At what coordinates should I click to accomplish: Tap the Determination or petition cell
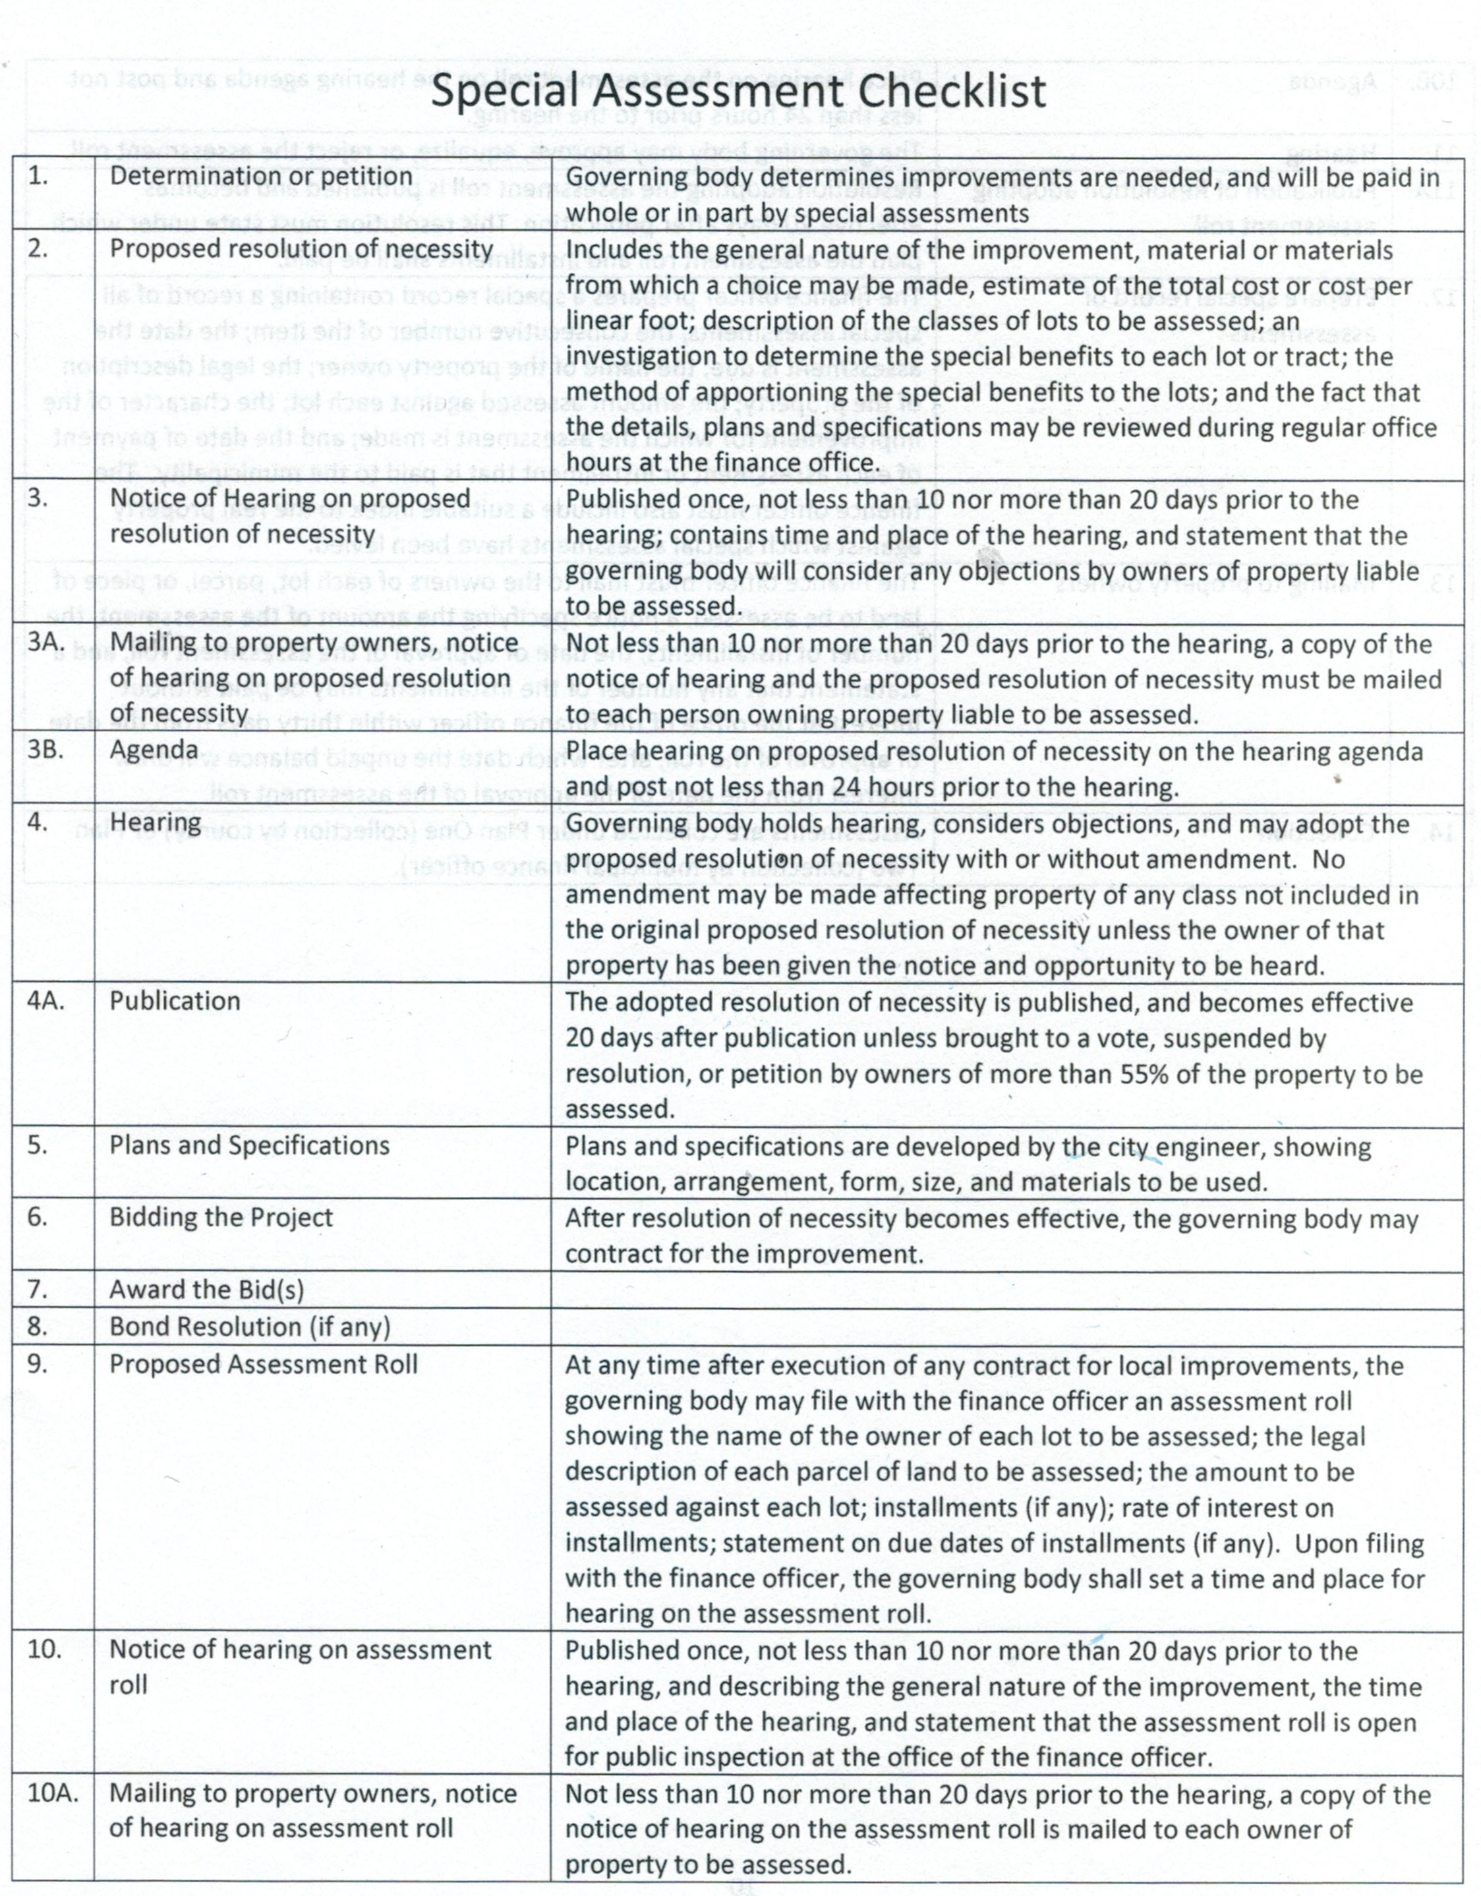point(260,176)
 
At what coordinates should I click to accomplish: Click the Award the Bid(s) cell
point(206,1290)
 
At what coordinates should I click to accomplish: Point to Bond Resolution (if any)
point(249,1327)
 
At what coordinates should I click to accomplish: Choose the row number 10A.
point(51,1793)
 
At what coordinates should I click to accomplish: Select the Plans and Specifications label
point(249,1146)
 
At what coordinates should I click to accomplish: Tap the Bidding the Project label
point(221,1217)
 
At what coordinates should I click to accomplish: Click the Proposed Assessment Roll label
point(263,1364)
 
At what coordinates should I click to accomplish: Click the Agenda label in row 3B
point(154,749)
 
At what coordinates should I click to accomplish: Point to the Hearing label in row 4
point(156,821)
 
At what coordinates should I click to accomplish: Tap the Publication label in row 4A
point(175,1001)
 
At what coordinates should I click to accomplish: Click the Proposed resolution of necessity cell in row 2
point(301,249)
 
